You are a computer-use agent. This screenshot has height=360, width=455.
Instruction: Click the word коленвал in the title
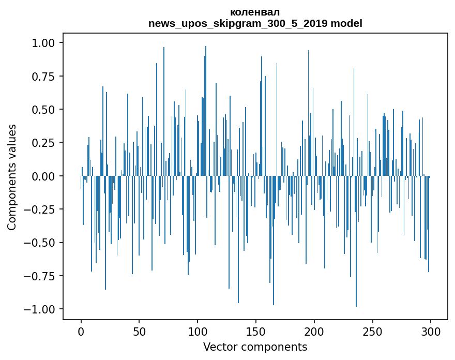coord(255,12)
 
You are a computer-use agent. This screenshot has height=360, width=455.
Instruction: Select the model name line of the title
coord(255,23)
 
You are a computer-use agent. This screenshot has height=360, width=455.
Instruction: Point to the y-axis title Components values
coord(12,176)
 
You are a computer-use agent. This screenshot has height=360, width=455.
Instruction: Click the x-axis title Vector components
coord(255,347)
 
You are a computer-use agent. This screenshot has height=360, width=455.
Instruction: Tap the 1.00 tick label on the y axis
coord(46,43)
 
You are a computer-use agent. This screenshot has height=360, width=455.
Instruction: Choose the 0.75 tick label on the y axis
coord(46,76)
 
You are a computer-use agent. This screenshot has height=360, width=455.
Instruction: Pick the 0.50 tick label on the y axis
coord(46,110)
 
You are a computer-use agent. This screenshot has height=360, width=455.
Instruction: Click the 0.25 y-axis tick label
coord(46,143)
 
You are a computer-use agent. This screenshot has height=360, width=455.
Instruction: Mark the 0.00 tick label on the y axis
coord(46,176)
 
